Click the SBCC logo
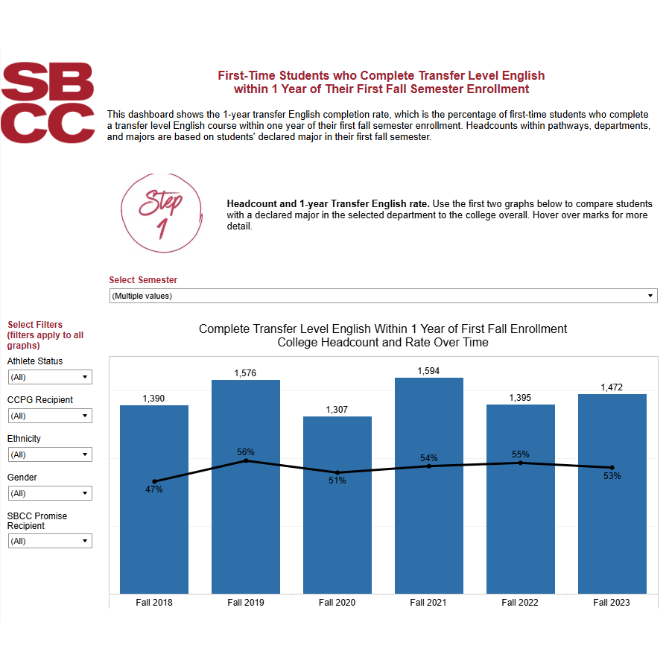pyautogui.click(x=48, y=102)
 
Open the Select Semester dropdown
pyautogui.click(x=383, y=296)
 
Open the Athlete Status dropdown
pyautogui.click(x=50, y=377)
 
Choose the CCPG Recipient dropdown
pyautogui.click(x=50, y=416)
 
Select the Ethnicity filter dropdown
pyautogui.click(x=50, y=454)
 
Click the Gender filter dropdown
pyautogui.click(x=50, y=493)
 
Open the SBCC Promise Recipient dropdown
pyautogui.click(x=50, y=541)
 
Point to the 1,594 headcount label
pyautogui.click(x=428, y=370)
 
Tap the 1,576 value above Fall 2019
pyautogui.click(x=245, y=372)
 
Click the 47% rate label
pyautogui.click(x=154, y=489)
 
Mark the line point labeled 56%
pyautogui.click(x=246, y=461)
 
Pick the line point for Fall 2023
pyautogui.click(x=612, y=468)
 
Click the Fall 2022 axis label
pyautogui.click(x=520, y=602)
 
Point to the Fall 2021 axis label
pyautogui.click(x=428, y=602)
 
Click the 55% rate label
pyautogui.click(x=520, y=454)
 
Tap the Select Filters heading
pyautogui.click(x=35, y=325)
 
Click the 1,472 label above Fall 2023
pyautogui.click(x=612, y=387)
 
